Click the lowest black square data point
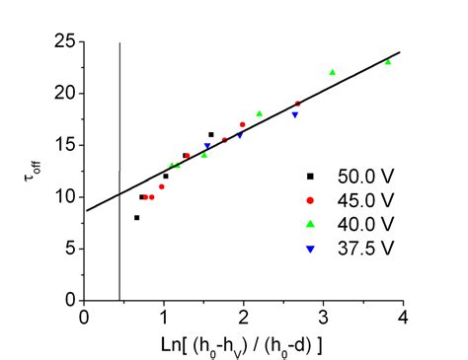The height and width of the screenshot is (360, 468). [136, 217]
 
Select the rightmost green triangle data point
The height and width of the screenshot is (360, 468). [388, 62]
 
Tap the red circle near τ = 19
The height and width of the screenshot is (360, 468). [298, 104]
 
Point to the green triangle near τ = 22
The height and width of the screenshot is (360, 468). [333, 72]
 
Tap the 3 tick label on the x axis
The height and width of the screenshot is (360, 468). [323, 316]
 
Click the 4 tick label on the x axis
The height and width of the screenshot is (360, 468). [402, 316]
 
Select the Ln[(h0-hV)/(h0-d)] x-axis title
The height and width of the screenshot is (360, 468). [242, 342]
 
